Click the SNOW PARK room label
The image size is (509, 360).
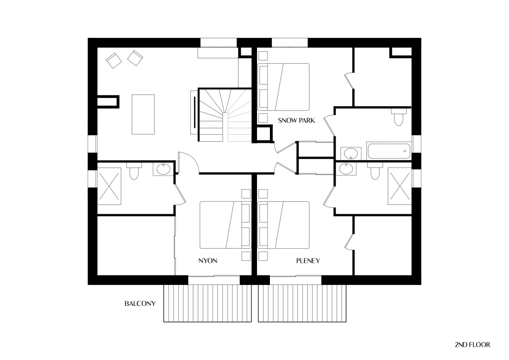coord(296,120)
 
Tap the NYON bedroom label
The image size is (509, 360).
coord(208,261)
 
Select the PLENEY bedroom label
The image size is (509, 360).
coord(308,261)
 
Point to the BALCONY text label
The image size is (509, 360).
coord(140,303)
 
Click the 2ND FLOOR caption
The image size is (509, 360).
coord(472,345)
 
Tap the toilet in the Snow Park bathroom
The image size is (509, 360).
coord(398,117)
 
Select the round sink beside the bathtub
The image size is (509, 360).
coord(350,153)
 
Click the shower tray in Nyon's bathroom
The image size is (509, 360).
coord(109,186)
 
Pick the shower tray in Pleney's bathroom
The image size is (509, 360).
coord(400,186)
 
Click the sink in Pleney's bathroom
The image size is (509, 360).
coord(346,169)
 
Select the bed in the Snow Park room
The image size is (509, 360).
coord(283,87)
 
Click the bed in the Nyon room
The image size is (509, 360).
coord(225,225)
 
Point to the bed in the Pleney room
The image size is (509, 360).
coord(283,225)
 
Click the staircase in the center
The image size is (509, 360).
coord(225,115)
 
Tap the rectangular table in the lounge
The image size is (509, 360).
coord(143,114)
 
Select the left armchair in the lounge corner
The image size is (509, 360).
coord(114,60)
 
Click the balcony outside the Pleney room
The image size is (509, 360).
coord(302,303)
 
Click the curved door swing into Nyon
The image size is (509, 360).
coord(189,162)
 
